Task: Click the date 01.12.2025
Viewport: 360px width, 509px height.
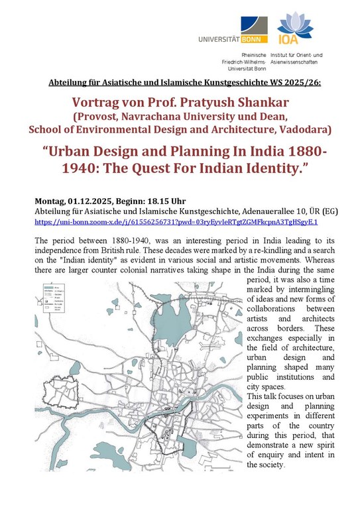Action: tap(95, 200)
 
